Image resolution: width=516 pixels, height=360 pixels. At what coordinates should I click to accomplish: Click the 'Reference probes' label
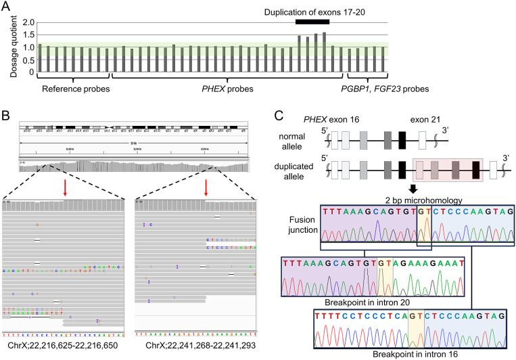tap(72, 89)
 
